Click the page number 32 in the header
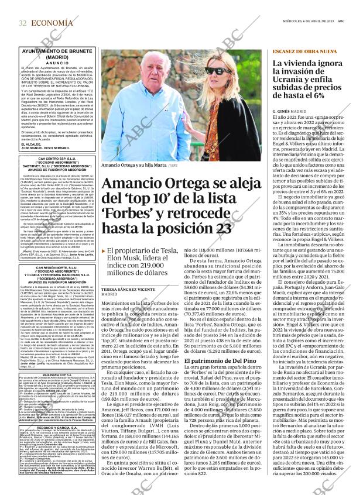click(22, 22)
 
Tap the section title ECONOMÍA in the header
click(53, 22)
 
